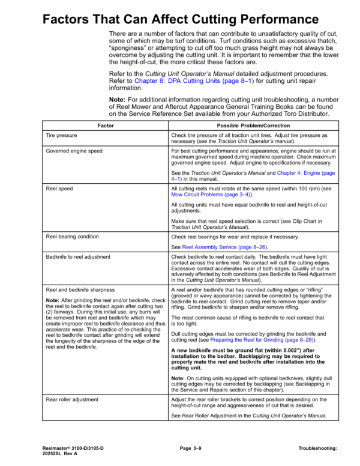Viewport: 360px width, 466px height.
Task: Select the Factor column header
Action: tap(106, 126)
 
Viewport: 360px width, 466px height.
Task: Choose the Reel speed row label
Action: tap(59, 189)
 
